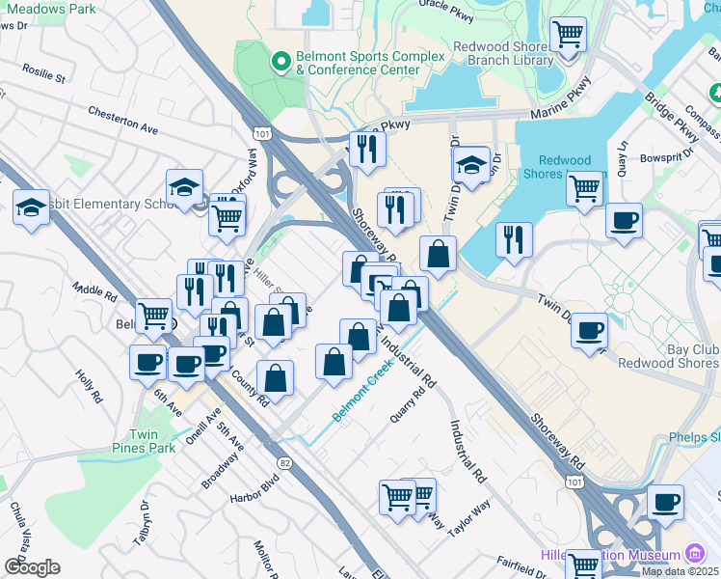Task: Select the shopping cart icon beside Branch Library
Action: (569, 36)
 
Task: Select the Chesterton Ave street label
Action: (122, 121)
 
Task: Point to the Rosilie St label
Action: (45, 73)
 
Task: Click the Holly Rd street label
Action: (89, 384)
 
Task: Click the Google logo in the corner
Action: (31, 567)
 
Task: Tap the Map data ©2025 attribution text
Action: (680, 571)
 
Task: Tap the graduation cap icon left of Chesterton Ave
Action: (31, 207)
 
